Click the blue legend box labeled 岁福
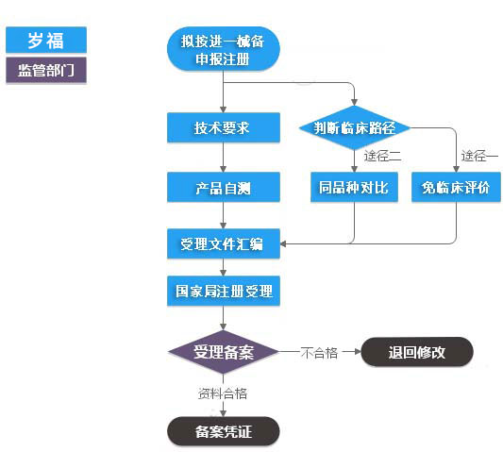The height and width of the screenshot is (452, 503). pos(45,40)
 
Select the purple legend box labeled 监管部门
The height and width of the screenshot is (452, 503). pos(45,70)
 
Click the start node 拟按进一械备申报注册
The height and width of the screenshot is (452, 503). pos(224,49)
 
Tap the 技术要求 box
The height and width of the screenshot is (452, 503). pos(224,127)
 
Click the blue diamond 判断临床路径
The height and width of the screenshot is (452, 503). pos(355,127)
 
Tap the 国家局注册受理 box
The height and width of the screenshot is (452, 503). pos(224,291)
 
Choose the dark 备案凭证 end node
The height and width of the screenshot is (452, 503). pos(224,431)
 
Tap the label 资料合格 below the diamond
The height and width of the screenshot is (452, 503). pos(223,393)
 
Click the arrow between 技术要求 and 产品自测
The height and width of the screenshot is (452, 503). pos(224,157)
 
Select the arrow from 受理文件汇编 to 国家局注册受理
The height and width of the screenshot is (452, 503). pos(224,267)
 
